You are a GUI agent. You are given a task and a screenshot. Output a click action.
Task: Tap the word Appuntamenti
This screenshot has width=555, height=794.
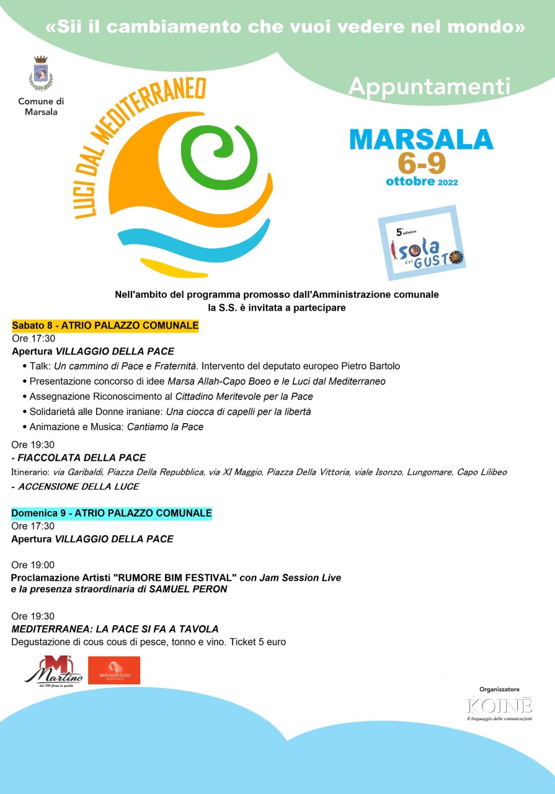(429, 87)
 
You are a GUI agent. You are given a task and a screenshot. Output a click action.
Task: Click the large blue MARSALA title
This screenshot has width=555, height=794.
(422, 139)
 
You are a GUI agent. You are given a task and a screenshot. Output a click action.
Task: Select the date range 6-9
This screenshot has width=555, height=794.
(422, 163)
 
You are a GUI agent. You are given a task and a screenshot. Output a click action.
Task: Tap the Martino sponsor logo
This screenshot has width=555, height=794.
(53, 671)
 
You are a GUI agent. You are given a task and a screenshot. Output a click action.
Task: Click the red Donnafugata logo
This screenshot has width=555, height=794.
(114, 671)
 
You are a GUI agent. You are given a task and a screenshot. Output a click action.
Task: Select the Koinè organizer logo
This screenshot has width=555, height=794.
(499, 707)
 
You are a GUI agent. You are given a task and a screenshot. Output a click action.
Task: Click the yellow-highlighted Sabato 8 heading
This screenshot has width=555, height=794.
(105, 326)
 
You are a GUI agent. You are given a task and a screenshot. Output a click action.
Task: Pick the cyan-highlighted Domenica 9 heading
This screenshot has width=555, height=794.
(112, 514)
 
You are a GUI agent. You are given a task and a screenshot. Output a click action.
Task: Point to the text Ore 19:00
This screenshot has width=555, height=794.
(33, 565)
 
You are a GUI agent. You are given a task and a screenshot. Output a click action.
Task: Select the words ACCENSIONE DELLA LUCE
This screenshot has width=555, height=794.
(78, 486)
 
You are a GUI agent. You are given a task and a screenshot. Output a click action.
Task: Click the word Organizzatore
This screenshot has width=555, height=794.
(499, 689)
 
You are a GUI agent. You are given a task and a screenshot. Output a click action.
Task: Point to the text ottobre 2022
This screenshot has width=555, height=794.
(422, 182)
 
